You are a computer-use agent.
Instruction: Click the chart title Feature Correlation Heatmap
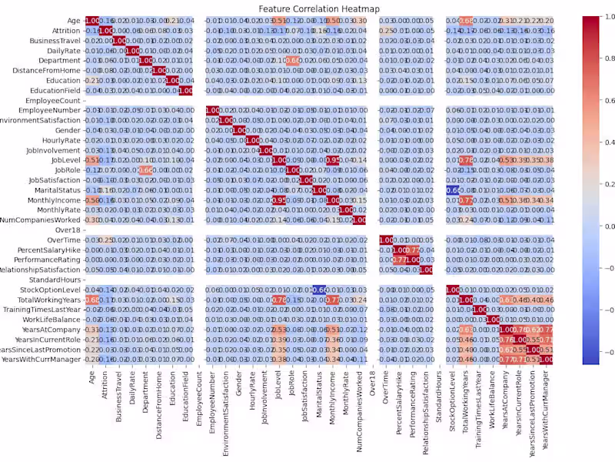[307, 8]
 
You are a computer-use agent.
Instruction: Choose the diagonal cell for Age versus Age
[91, 20]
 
